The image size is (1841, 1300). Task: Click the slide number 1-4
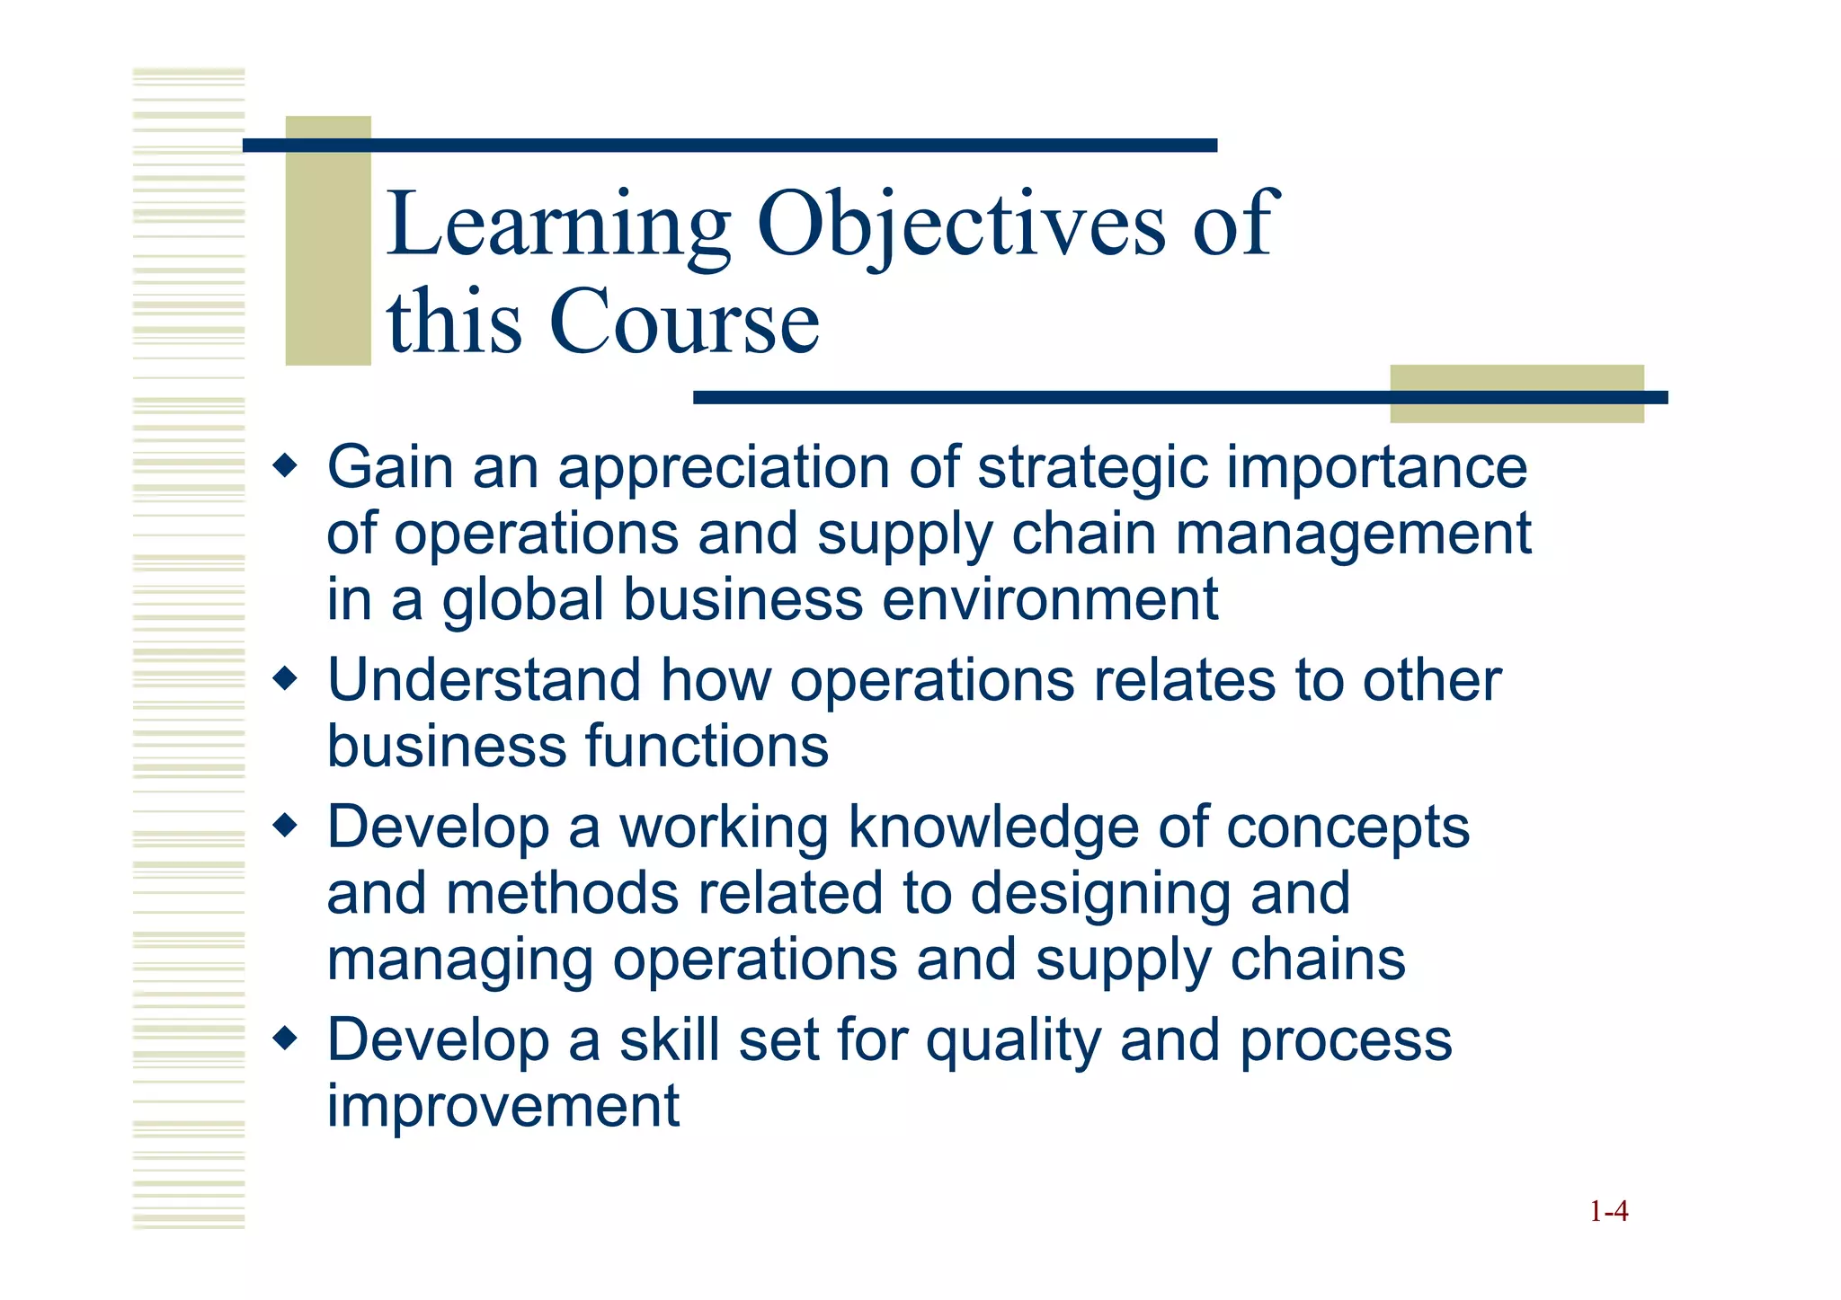coord(1608,1212)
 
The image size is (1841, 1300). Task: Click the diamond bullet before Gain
coord(285,466)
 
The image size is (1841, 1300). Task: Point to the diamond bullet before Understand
coord(285,679)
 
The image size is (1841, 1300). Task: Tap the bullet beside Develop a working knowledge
coord(285,826)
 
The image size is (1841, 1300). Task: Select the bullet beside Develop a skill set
coord(285,1039)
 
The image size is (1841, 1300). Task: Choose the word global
coord(522,600)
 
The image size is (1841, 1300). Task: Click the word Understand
coord(484,680)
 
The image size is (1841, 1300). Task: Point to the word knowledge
coord(993,827)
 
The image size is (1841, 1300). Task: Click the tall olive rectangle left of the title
coord(328,241)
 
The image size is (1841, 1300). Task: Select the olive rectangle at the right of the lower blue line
coord(1516,394)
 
